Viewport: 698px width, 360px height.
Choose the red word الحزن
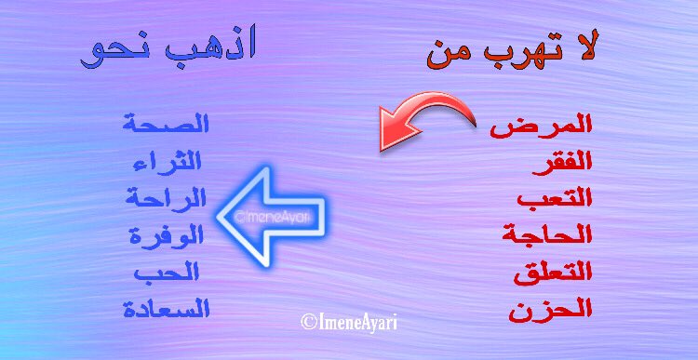pyautogui.click(x=550, y=309)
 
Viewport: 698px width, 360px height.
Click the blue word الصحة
pyautogui.click(x=165, y=124)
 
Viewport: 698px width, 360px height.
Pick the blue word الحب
pyautogui.click(x=168, y=272)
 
